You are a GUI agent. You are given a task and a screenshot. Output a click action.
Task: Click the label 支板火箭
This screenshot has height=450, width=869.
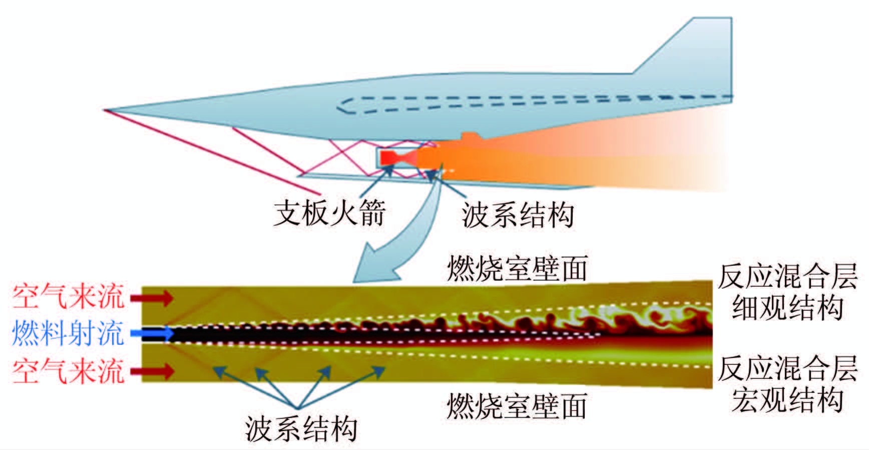[x=329, y=213]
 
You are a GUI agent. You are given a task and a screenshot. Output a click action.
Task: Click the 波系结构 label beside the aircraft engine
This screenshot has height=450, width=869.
[x=518, y=215]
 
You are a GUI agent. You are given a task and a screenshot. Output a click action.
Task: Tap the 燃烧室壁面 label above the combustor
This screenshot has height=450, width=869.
[x=517, y=269]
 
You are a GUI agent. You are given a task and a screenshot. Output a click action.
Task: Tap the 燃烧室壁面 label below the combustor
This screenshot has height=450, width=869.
[x=517, y=406]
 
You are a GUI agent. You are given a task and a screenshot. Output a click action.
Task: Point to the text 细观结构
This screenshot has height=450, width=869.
[x=787, y=307]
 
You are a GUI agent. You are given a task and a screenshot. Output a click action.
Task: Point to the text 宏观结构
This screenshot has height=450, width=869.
[x=787, y=399]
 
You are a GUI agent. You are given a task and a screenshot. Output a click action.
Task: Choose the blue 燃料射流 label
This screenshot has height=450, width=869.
[x=68, y=333]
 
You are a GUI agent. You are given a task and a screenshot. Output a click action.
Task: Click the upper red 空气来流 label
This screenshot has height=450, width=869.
[x=68, y=297]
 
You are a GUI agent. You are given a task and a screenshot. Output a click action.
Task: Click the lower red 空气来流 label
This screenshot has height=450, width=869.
[x=68, y=371]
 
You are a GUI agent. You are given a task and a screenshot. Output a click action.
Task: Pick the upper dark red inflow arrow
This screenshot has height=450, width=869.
[x=152, y=299]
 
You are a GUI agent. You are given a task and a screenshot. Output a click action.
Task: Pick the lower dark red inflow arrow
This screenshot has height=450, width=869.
[x=152, y=371]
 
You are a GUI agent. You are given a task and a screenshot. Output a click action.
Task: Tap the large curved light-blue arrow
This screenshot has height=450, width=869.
[x=395, y=236]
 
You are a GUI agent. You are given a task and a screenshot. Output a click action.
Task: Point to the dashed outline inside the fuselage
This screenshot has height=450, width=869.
[x=501, y=103]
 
